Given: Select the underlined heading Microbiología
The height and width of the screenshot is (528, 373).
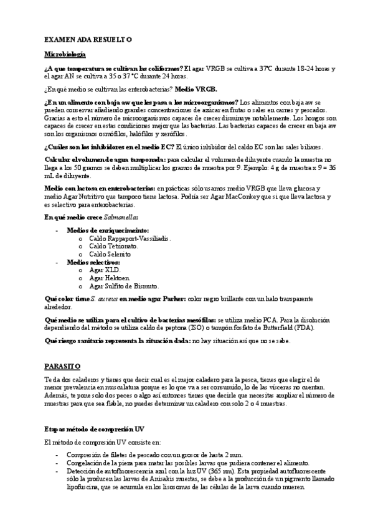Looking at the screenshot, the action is (x=68, y=54).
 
